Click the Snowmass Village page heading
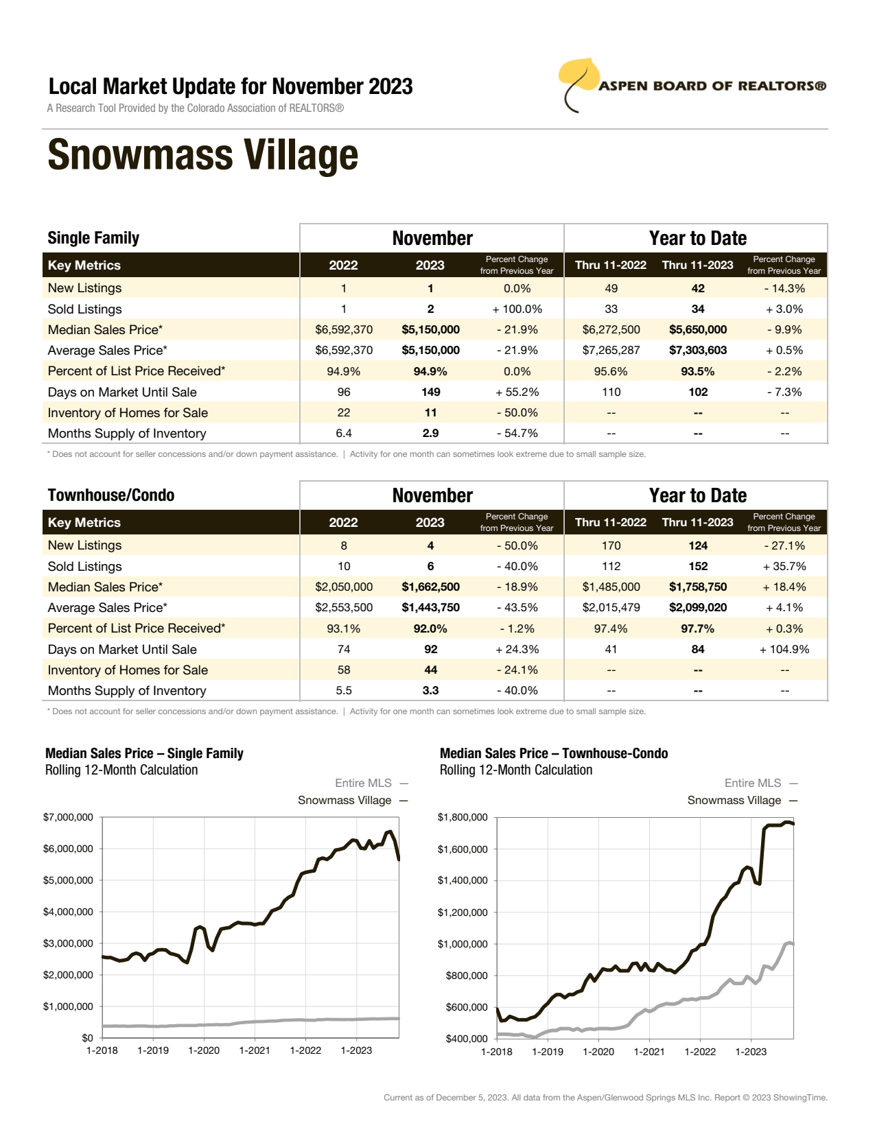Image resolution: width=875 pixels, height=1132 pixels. coord(203,155)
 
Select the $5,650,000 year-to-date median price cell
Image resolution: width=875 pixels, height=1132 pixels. coord(698,330)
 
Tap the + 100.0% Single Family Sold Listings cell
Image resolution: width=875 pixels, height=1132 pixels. coord(517,309)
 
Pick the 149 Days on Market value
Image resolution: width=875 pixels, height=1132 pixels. coord(430,392)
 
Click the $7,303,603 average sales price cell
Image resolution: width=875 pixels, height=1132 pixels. coord(698,351)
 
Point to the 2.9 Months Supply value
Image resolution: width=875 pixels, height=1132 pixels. coord(430,434)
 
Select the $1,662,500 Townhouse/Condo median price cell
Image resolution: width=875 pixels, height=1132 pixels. coord(430,587)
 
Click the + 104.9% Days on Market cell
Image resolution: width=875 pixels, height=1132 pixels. coord(784,650)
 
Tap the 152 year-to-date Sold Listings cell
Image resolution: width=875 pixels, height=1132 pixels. coord(698,567)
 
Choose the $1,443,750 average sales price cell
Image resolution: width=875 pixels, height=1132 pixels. coord(430,608)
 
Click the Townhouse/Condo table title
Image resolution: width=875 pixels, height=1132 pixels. coord(111,495)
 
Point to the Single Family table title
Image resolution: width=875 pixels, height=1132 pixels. coord(93,238)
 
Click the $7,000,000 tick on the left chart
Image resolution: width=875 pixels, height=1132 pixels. coord(68,817)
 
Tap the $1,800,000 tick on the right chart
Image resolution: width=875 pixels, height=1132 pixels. coord(463,817)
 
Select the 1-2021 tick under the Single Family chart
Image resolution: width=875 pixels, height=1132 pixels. coord(255,1050)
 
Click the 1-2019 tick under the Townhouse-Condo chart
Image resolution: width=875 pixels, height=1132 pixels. coord(548,1051)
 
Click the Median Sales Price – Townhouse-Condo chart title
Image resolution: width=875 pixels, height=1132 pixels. coord(554,753)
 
